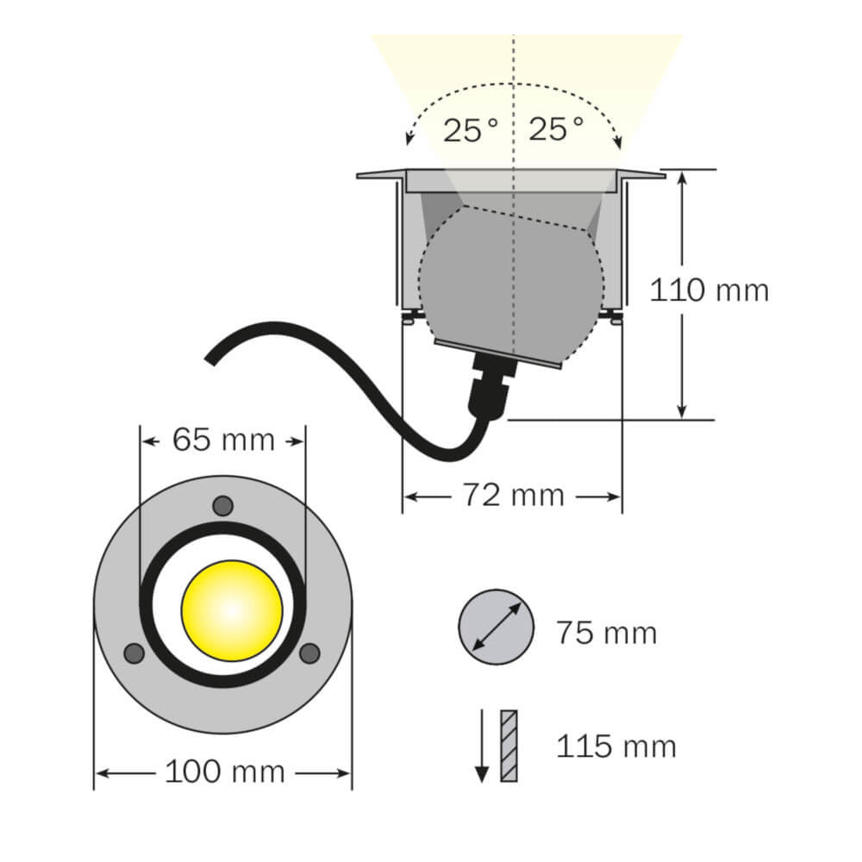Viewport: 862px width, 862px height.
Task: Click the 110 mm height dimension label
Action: pos(709,290)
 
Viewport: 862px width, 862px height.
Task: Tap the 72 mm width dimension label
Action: pos(513,495)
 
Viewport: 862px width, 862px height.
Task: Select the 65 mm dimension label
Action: pos(223,440)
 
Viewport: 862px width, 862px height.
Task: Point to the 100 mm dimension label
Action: pos(224,771)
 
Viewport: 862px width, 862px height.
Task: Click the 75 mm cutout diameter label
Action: pos(606,633)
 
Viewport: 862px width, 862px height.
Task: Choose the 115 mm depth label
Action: pos(615,746)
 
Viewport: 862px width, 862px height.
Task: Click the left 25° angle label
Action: pos(472,131)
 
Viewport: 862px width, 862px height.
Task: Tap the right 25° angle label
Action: pos(556,130)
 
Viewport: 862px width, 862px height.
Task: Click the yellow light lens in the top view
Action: pos(232,610)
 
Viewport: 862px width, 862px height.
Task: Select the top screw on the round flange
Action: pos(222,506)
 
